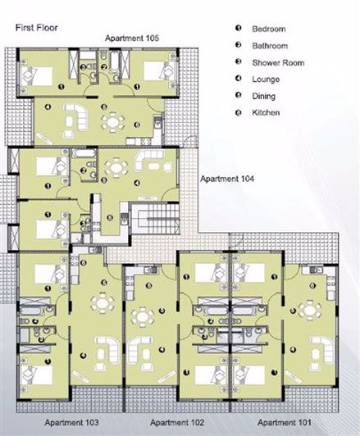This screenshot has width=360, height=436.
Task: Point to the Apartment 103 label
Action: coord(71,422)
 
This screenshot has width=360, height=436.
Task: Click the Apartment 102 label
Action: coord(177,422)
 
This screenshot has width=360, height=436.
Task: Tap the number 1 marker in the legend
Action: coord(237,28)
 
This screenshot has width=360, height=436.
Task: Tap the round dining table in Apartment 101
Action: coord(310,309)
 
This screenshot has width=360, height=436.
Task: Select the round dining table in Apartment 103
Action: coord(101,304)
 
